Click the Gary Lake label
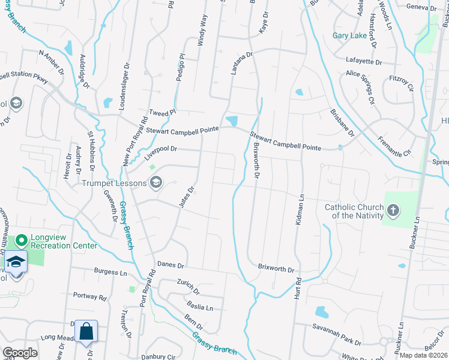tap(349, 35)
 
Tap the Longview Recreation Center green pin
tap(22, 241)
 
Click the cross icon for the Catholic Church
tap(393, 211)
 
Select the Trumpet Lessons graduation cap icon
tap(156, 182)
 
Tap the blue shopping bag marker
tap(86, 331)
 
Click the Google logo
tap(20, 353)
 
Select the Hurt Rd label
tap(298, 289)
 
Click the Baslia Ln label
tap(201, 308)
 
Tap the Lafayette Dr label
tap(364, 61)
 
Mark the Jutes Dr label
tap(187, 197)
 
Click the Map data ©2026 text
tap(424, 355)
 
